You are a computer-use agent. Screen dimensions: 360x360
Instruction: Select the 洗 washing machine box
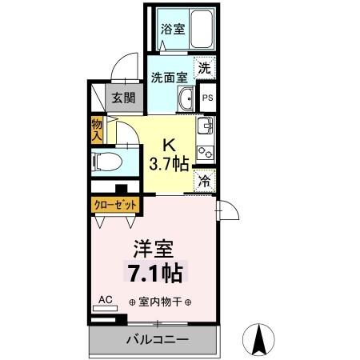click(206, 69)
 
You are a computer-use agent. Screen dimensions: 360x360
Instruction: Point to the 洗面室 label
click(169, 78)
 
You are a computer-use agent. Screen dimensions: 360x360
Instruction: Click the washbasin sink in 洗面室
click(186, 100)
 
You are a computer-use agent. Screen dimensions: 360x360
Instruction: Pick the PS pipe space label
click(206, 98)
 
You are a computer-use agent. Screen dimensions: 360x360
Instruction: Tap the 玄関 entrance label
click(123, 98)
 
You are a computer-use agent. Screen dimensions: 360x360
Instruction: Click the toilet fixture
click(107, 162)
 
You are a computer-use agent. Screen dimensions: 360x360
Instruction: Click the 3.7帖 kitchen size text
click(170, 165)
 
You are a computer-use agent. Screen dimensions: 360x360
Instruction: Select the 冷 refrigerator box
click(205, 182)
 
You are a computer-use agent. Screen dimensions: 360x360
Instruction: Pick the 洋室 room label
click(154, 249)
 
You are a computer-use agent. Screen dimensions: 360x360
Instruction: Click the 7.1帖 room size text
click(154, 274)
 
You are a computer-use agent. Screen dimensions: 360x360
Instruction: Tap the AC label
click(104, 300)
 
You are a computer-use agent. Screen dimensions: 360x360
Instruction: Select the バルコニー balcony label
click(156, 340)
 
